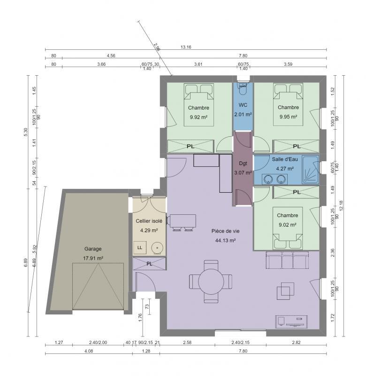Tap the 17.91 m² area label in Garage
tap(93, 258)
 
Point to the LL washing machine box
tap(140, 247)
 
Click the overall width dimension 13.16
tap(186, 47)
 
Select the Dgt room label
tap(243, 164)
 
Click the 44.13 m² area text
tap(225, 240)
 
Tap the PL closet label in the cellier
tap(149, 264)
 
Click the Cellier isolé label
tap(149, 220)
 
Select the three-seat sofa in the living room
tap(286, 260)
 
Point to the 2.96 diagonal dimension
tap(157, 47)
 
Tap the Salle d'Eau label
tap(284, 159)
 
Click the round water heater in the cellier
tap(157, 247)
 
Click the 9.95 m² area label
tap(287, 117)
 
